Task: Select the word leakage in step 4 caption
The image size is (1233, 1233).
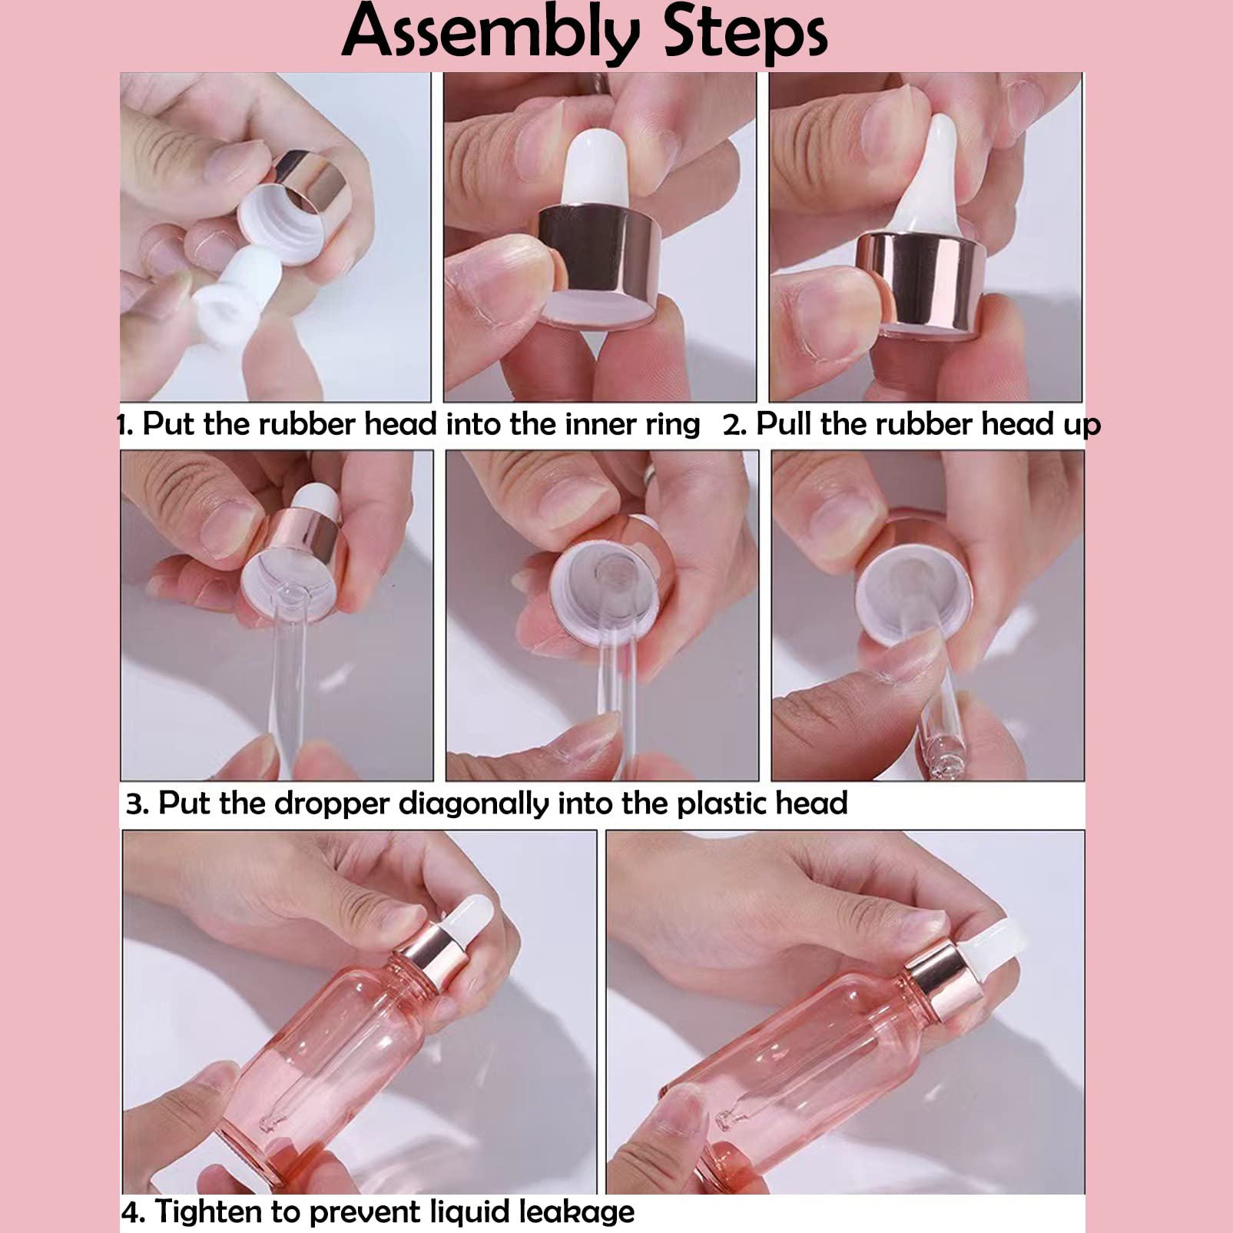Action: point(576,1212)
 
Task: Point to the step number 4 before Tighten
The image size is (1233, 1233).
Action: point(133,1212)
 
